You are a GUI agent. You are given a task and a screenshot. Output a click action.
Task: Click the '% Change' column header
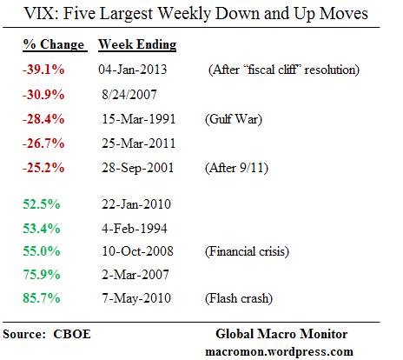(53, 44)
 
